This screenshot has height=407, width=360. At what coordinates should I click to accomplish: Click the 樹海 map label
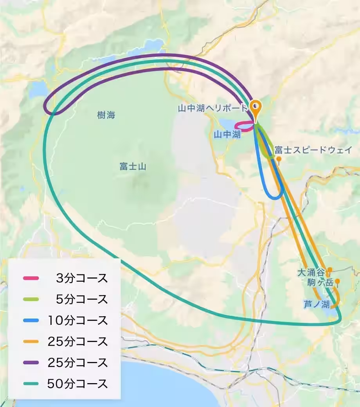[106, 115]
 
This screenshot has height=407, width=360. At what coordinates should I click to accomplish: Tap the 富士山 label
[133, 166]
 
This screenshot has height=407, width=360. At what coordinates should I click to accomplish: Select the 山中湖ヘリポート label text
[213, 108]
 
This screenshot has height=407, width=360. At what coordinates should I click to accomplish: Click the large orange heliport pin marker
[255, 107]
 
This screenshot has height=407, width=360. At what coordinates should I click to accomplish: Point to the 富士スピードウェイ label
[313, 150]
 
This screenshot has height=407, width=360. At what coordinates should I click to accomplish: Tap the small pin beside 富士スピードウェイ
[279, 159]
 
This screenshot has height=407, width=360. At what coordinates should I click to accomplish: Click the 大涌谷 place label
[311, 272]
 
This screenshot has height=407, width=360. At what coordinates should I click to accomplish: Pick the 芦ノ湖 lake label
[317, 304]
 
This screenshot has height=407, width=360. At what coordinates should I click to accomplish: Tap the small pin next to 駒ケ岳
[337, 282]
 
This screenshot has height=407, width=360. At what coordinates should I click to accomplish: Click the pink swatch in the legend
[31, 279]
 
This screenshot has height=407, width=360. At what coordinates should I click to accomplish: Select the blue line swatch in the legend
[31, 321]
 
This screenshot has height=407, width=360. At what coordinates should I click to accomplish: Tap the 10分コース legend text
[77, 321]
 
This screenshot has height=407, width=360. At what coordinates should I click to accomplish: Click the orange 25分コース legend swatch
[31, 341]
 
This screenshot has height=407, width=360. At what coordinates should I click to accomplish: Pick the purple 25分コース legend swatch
[31, 362]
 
